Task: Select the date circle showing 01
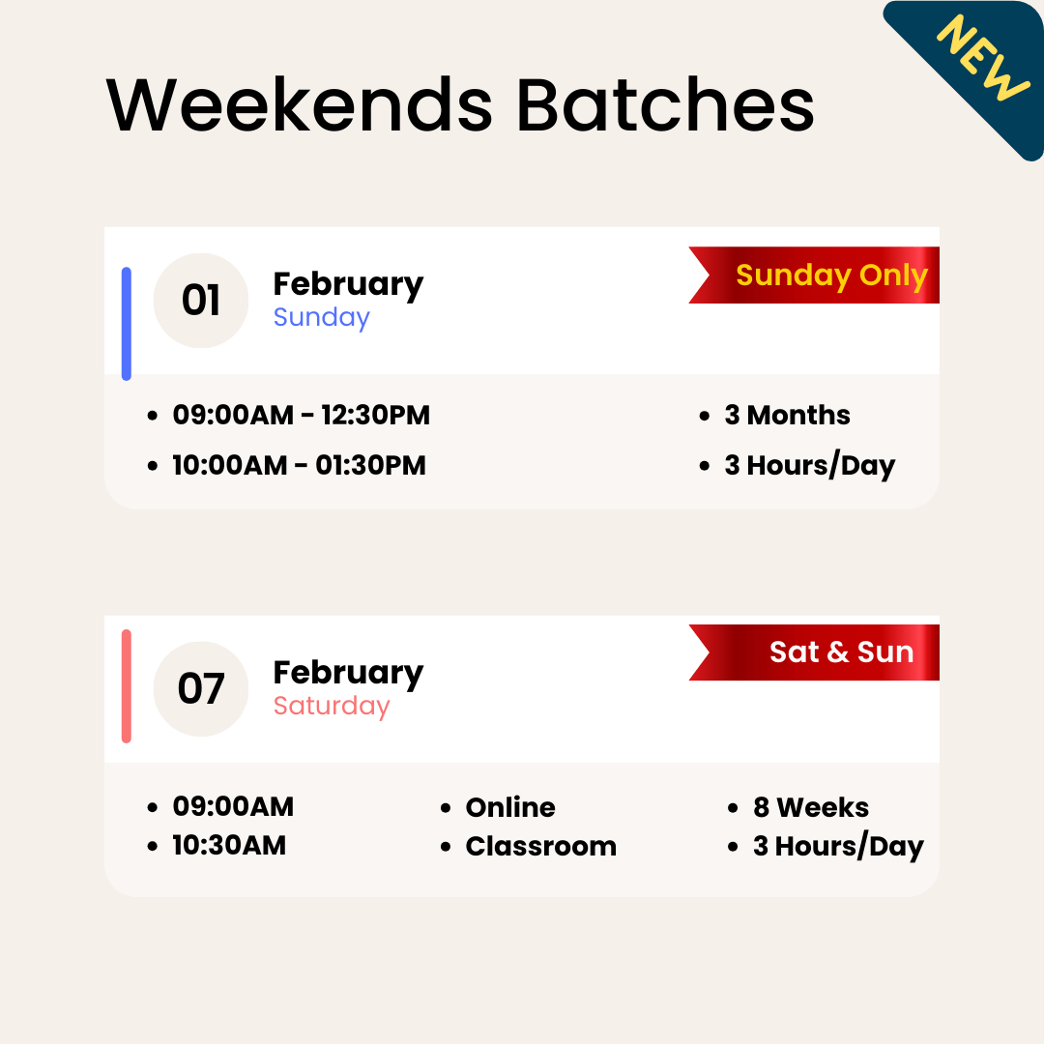pyautogui.click(x=201, y=301)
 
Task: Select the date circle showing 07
pyautogui.click(x=201, y=689)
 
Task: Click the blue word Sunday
pyautogui.click(x=321, y=318)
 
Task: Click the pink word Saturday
pyautogui.click(x=331, y=707)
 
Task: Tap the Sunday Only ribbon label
pyautogui.click(x=831, y=275)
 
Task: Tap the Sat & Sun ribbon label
pyautogui.click(x=841, y=652)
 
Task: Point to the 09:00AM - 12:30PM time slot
pyautogui.click(x=301, y=416)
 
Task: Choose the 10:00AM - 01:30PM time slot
pyautogui.click(x=299, y=466)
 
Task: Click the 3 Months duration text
pyautogui.click(x=787, y=416)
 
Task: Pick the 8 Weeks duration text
pyautogui.click(x=810, y=807)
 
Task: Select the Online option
pyautogui.click(x=509, y=807)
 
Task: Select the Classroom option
pyautogui.click(x=540, y=847)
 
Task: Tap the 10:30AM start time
pyautogui.click(x=229, y=846)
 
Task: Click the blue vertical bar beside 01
pyautogui.click(x=127, y=324)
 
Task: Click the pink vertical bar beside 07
pyautogui.click(x=127, y=686)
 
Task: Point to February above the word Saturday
pyautogui.click(x=348, y=673)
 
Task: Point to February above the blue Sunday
pyautogui.click(x=348, y=284)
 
